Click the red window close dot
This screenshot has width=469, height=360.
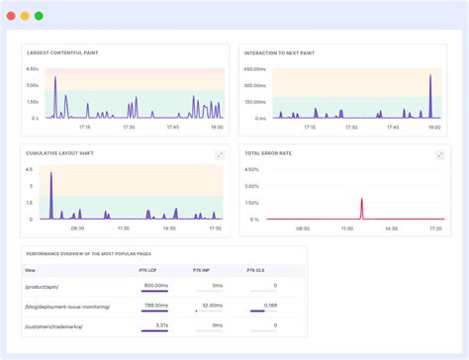coord(10,16)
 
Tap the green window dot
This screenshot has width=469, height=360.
coord(39,16)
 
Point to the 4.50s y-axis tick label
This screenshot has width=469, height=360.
coord(32,69)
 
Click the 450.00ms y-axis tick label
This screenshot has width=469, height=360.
coord(253,69)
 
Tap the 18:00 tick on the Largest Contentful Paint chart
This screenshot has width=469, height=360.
coord(216,127)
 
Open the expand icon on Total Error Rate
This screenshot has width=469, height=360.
coord(436,154)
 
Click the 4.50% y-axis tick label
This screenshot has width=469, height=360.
coord(253,169)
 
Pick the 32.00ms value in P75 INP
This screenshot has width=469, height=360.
coord(211,306)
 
